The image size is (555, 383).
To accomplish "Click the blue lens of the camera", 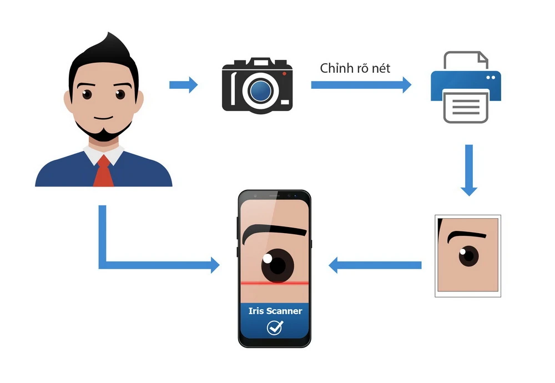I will pos(259,90).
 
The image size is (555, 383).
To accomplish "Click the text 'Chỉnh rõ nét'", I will pos(355,68).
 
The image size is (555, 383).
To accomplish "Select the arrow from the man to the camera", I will pos(183,85).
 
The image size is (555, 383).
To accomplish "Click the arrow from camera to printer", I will pos(361,85).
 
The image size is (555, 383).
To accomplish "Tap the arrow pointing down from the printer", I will pos(469,169).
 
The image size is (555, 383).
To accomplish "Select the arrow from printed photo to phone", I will pos(375,265).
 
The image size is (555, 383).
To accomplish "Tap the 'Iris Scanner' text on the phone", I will pos(275,311).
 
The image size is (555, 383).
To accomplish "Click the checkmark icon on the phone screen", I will pos(274,328).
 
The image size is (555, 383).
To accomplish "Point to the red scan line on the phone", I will pos(275,283).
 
